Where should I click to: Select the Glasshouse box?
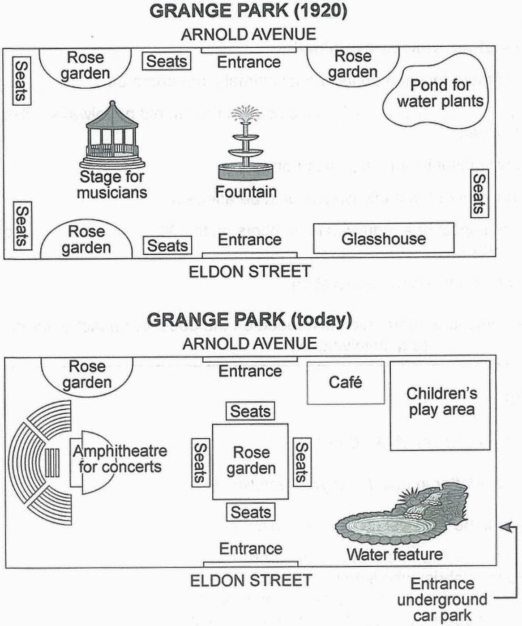pyautogui.click(x=384, y=239)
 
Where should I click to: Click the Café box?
pyautogui.click(x=345, y=383)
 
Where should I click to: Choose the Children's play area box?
pyautogui.click(x=440, y=402)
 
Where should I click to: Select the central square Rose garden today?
pyautogui.click(x=250, y=460)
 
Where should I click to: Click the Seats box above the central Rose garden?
pyautogui.click(x=250, y=411)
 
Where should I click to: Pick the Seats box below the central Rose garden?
pyautogui.click(x=250, y=512)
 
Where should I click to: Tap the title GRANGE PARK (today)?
pyautogui.click(x=249, y=319)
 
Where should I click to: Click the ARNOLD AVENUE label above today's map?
pyautogui.click(x=249, y=343)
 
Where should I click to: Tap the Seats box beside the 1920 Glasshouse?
pyautogui.click(x=479, y=194)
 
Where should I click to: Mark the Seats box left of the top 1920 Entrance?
pyautogui.click(x=167, y=62)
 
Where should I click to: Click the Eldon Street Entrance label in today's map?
pyautogui.click(x=250, y=548)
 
